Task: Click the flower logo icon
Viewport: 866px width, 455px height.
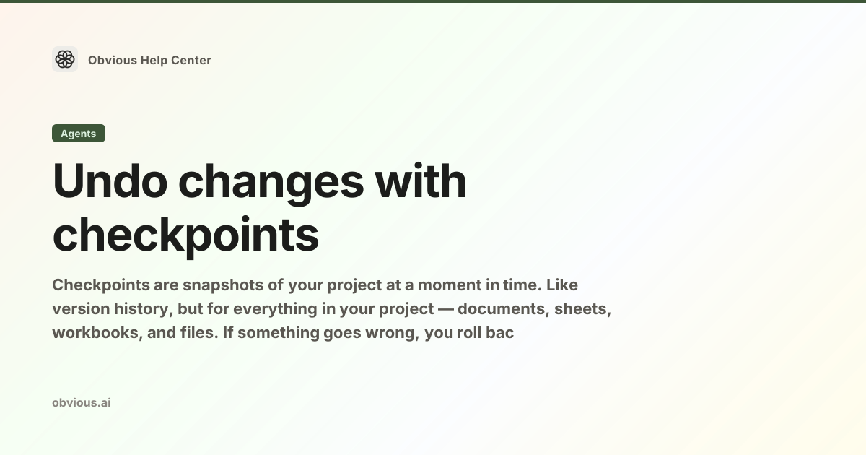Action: (x=65, y=59)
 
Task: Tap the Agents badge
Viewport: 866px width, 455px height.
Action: (x=79, y=134)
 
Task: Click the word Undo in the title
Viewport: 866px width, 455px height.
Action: (x=110, y=181)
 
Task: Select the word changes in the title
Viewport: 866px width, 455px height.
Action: (x=271, y=183)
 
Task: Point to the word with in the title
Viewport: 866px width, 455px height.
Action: (x=421, y=181)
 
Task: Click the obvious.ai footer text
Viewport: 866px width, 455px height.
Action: (x=82, y=403)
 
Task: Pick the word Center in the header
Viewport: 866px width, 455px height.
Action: (x=191, y=61)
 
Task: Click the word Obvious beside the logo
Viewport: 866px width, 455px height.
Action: (x=113, y=61)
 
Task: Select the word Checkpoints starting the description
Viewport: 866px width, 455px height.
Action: (x=101, y=285)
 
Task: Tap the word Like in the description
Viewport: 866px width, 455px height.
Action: (x=561, y=285)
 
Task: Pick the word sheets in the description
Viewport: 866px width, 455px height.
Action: (x=582, y=309)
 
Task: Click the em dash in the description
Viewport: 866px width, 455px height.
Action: (x=446, y=310)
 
